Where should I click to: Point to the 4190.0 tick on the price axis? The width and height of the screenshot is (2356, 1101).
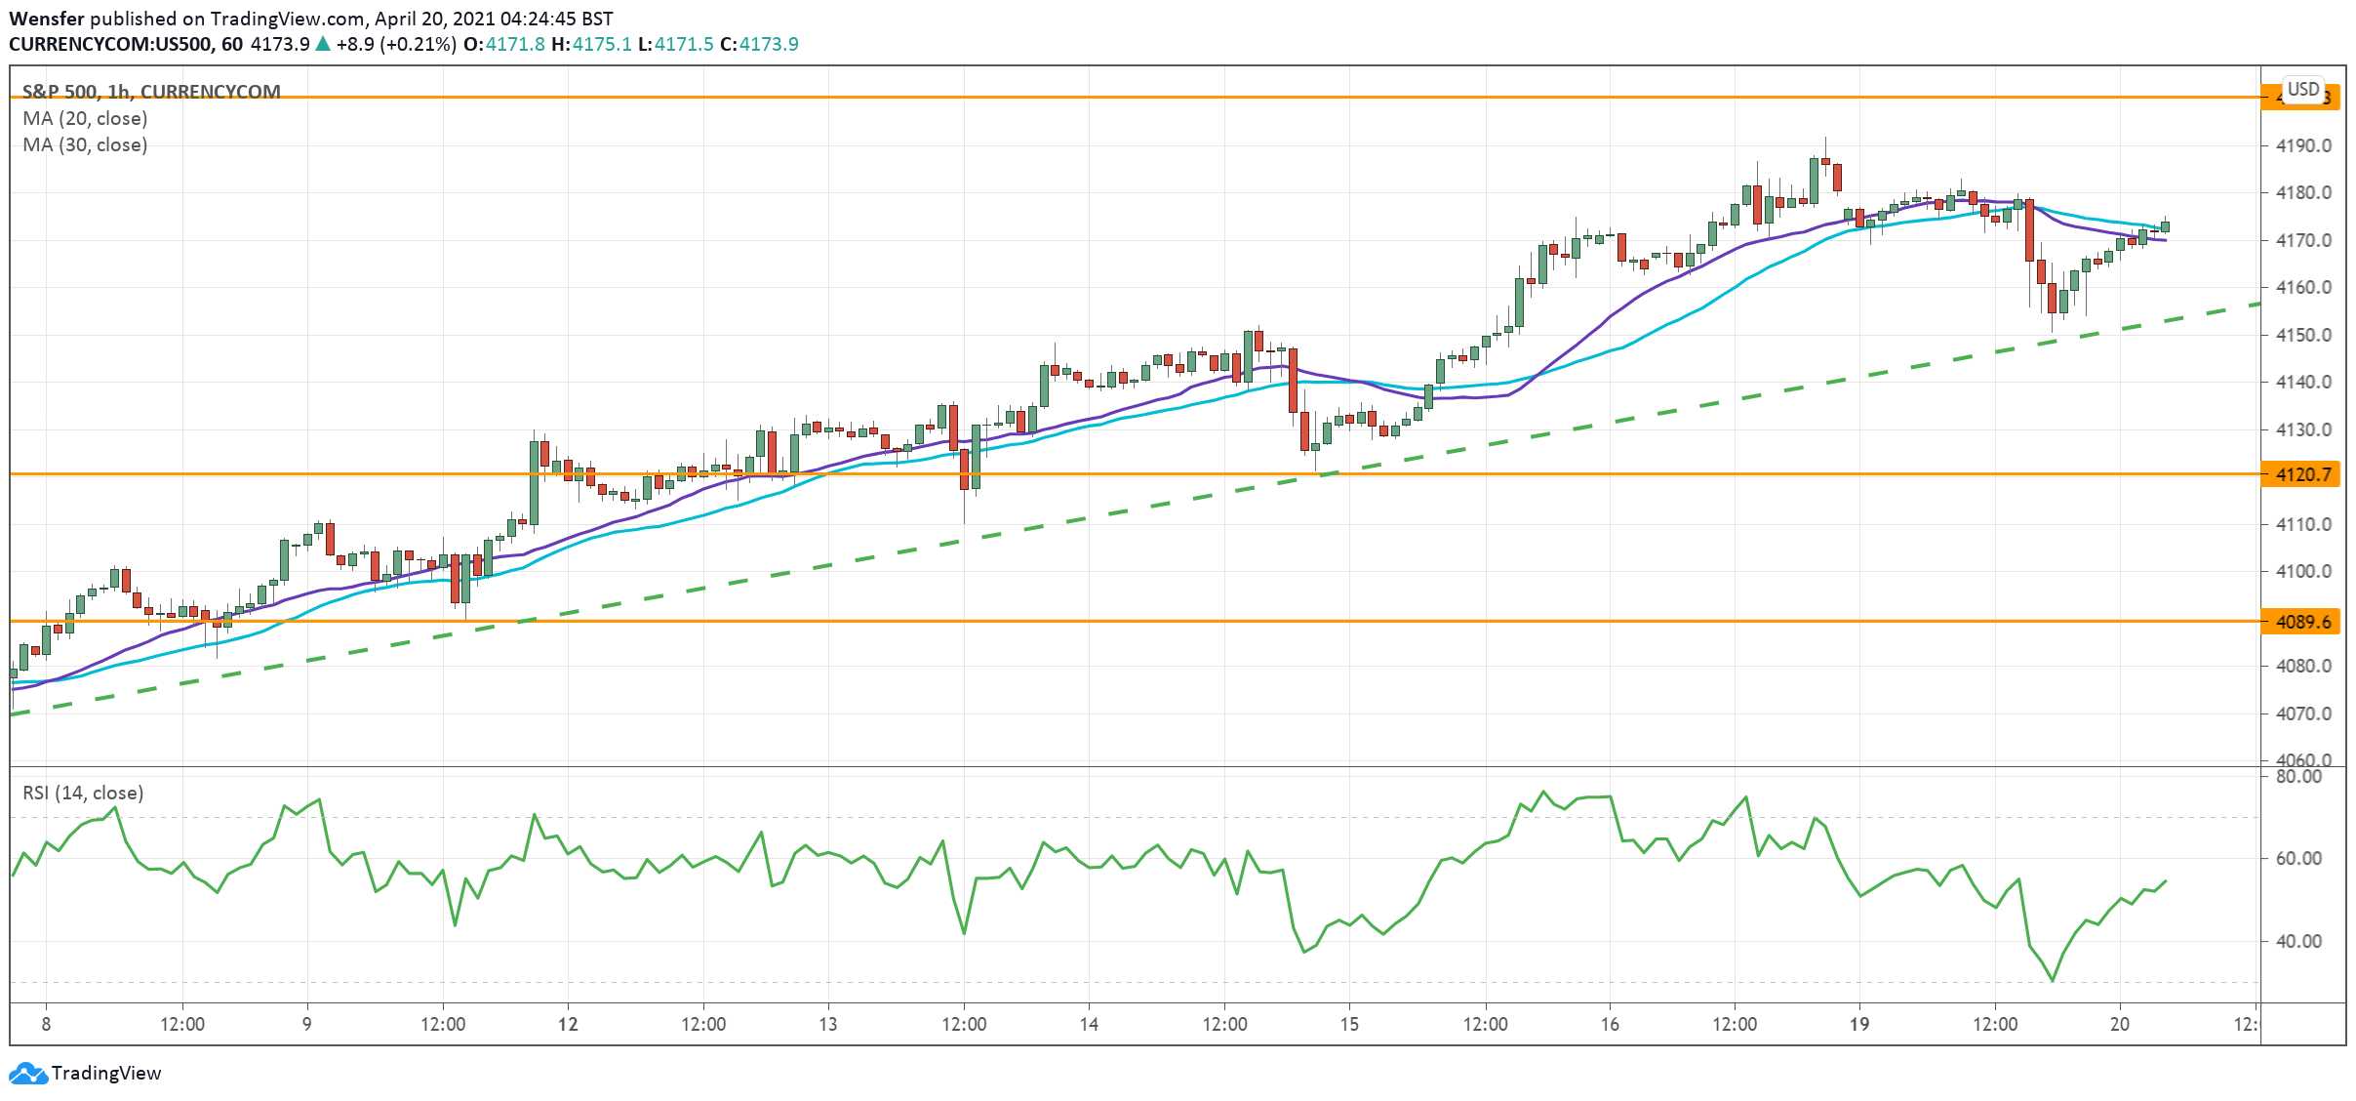2302,145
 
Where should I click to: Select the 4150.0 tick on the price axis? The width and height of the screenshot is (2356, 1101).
2302,335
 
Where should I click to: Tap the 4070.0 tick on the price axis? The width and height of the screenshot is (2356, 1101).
2302,714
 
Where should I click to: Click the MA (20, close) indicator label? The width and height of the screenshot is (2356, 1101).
85,118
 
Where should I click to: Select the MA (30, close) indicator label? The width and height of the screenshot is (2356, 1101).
85,144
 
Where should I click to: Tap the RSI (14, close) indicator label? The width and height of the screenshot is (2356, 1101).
83,793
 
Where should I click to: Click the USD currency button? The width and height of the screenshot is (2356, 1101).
2303,89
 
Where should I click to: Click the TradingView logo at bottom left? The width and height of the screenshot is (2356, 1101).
86,1073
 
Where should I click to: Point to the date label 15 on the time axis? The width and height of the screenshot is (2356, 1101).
1348,1024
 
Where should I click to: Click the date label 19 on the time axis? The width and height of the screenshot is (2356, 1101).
1858,1024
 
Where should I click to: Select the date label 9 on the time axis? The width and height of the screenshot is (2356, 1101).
306,1024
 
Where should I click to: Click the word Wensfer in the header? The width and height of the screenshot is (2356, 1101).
46,19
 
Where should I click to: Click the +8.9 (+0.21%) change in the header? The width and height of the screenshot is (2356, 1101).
395,44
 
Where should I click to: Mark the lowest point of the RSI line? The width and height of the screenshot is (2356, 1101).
2053,980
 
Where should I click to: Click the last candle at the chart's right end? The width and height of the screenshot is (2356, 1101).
2165,226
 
